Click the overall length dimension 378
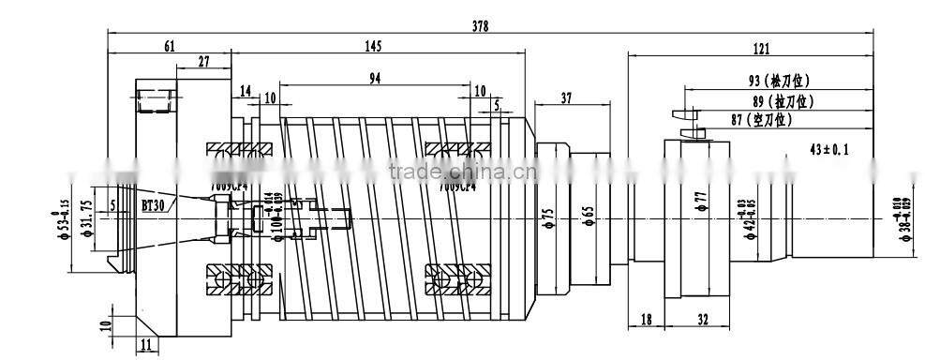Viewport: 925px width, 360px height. [x=480, y=26]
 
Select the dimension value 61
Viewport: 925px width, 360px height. [x=170, y=45]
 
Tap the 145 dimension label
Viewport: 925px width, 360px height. [x=373, y=45]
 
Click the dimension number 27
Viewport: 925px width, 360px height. [x=204, y=62]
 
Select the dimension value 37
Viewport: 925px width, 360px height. [x=566, y=97]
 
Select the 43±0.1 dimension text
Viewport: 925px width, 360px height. [x=829, y=149]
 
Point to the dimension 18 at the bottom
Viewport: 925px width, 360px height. [x=646, y=320]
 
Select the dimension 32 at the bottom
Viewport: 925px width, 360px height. [x=703, y=320]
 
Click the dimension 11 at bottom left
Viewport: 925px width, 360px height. [x=146, y=346]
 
